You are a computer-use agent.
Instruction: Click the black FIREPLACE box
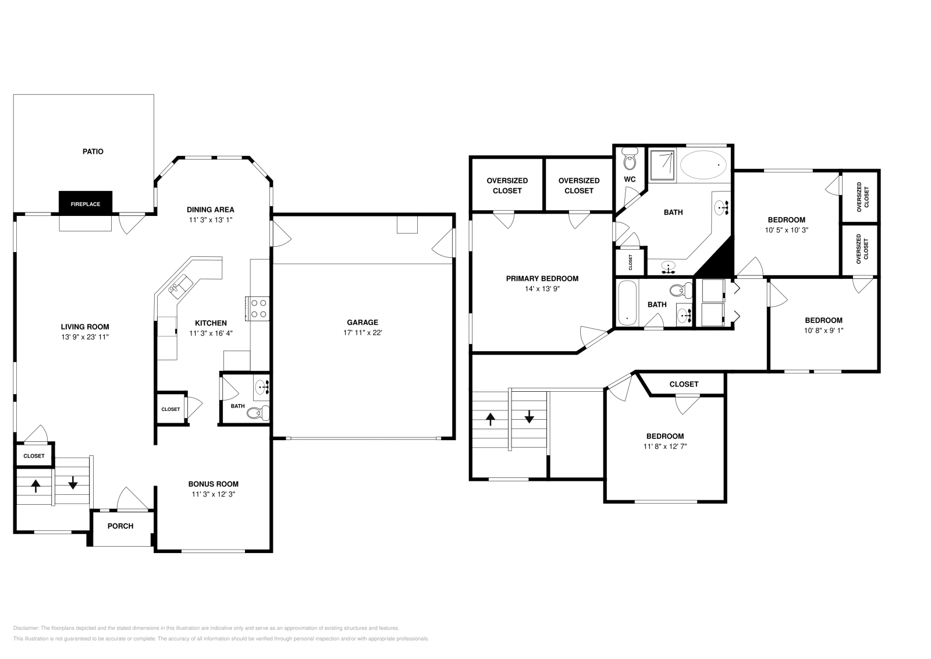coord(85,203)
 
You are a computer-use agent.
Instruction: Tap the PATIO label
coord(93,151)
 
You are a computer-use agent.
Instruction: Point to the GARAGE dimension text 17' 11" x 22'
coord(363,333)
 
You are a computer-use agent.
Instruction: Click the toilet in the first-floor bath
coord(256,413)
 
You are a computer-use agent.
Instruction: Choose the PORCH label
coord(120,526)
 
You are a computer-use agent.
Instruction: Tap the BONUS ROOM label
coord(213,484)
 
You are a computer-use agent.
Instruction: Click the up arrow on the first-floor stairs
coord(36,485)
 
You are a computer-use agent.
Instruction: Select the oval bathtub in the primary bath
coord(703,165)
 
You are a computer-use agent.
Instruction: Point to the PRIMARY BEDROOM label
coord(542,278)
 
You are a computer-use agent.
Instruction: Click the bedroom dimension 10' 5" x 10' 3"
coord(786,230)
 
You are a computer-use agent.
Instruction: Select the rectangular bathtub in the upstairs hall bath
coord(627,303)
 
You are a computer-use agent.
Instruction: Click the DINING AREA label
coord(210,210)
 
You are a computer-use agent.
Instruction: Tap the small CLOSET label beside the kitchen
coord(170,409)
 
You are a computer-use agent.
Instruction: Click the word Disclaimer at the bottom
coord(25,628)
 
